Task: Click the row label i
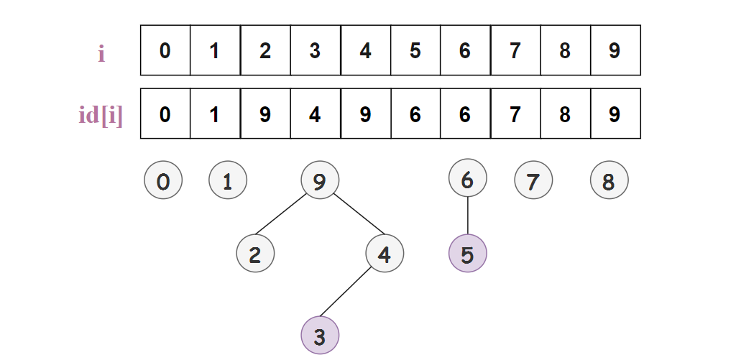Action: coord(101,52)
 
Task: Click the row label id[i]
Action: coord(101,115)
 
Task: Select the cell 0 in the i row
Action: coord(165,50)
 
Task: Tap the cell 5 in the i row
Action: coord(415,50)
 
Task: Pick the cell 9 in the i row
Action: coord(615,50)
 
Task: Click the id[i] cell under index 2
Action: coord(265,114)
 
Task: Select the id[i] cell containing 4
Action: coord(316,114)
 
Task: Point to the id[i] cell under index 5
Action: coord(415,114)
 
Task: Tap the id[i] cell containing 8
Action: coord(565,114)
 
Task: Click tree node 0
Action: coord(163,181)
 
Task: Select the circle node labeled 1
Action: coord(228,181)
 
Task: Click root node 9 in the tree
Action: coord(320,181)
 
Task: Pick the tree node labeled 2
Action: coord(255,254)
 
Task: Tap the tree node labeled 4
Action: coord(385,254)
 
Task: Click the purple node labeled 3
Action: coord(320,335)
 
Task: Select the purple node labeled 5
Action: coord(467,254)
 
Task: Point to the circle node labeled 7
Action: coord(533,181)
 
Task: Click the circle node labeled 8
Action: coord(609,181)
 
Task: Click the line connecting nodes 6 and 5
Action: coord(467,216)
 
